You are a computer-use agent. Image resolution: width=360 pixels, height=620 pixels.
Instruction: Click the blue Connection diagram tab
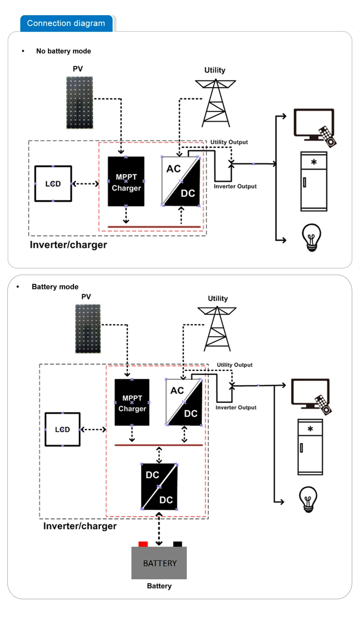point(66,23)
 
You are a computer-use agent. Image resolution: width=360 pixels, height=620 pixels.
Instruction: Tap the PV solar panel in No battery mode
point(80,102)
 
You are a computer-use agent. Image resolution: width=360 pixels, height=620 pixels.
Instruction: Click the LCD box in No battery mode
point(53,184)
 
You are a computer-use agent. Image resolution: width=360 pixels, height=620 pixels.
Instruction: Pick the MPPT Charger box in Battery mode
point(132,402)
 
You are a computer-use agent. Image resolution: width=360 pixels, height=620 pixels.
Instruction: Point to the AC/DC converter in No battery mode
point(181,181)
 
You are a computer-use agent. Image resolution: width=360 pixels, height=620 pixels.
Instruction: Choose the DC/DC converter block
point(159,487)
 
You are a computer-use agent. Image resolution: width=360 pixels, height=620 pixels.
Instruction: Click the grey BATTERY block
point(159,563)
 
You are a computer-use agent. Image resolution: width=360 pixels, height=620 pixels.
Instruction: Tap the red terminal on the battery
point(143,544)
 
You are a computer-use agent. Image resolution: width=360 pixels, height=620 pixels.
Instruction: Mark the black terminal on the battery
point(177,544)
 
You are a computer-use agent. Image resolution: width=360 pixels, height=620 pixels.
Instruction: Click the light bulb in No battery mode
point(312,237)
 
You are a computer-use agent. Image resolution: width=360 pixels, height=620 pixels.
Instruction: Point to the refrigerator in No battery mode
point(314,181)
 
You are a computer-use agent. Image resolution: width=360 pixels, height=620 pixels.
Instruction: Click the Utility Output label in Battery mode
point(234,365)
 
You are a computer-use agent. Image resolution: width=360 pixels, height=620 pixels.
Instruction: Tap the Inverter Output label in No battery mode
point(235,186)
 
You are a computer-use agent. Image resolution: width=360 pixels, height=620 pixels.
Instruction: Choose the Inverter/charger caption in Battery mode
point(80,526)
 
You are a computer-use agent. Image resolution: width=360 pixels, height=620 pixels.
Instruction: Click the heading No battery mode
point(63,51)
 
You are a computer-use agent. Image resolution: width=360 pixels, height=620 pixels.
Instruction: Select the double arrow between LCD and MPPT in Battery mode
point(93,430)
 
